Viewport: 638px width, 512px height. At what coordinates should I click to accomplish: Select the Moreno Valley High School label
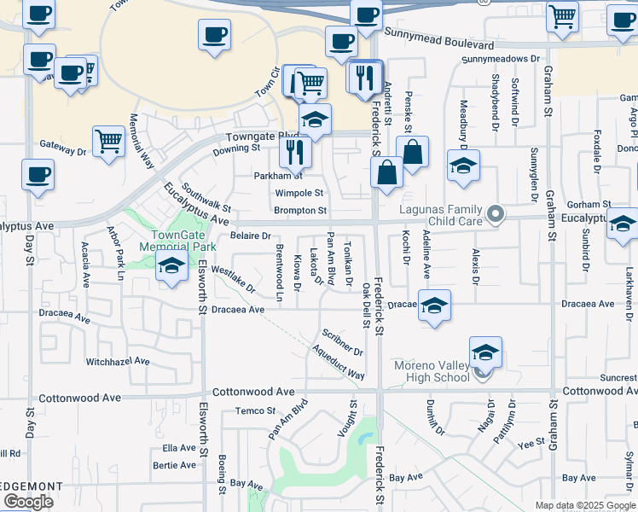pyautogui.click(x=432, y=371)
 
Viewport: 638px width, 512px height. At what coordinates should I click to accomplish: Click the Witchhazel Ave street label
pyautogui.click(x=118, y=362)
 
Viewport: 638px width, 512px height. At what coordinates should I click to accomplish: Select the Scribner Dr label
pyautogui.click(x=343, y=342)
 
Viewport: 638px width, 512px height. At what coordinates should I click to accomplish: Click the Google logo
pyautogui.click(x=28, y=503)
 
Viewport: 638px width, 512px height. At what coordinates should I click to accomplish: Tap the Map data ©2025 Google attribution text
pyautogui.click(x=585, y=505)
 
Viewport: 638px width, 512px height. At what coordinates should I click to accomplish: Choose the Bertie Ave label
pyautogui.click(x=174, y=465)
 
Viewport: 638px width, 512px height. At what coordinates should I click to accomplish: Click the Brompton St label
pyautogui.click(x=300, y=210)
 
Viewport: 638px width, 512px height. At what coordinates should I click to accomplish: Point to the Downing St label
pyautogui.click(x=236, y=148)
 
